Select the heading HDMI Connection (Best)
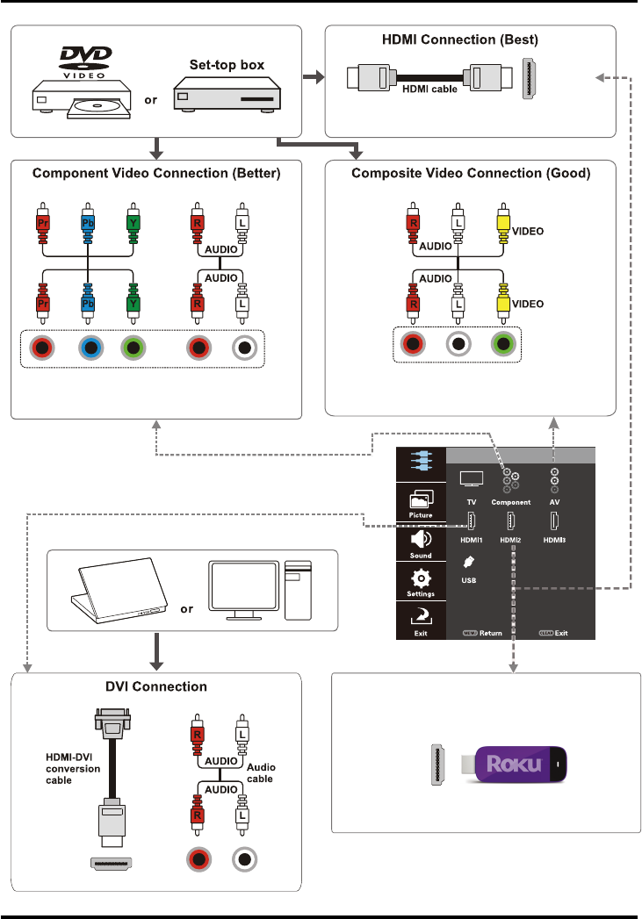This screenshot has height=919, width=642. [x=472, y=40]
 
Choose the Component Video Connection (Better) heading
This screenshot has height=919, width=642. [x=156, y=174]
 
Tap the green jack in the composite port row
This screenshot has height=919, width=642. [x=502, y=343]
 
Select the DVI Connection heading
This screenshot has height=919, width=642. [x=155, y=686]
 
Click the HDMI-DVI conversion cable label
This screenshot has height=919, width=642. [x=71, y=762]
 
